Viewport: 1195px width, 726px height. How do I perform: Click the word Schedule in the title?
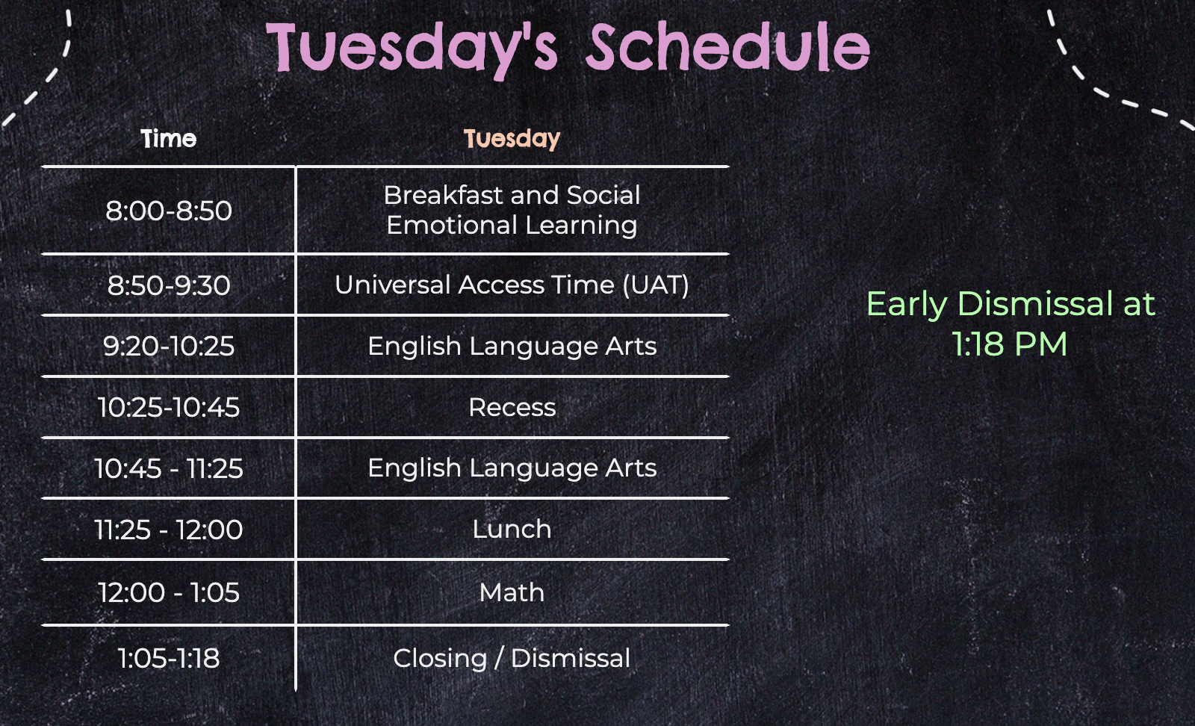point(728,46)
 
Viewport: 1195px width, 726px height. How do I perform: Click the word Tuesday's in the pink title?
point(412,49)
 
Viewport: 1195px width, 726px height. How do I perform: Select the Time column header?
point(169,139)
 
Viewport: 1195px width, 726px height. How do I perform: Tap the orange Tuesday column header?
point(512,139)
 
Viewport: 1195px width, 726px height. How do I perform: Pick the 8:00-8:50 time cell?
point(169,210)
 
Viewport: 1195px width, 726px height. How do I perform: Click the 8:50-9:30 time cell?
point(169,285)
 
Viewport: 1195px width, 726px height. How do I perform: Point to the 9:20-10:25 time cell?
point(169,346)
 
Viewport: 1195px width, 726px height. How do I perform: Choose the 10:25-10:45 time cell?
point(169,407)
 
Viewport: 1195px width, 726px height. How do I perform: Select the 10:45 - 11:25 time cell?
point(169,468)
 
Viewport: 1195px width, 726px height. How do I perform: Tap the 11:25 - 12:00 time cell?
point(169,530)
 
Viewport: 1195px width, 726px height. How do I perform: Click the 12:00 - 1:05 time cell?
point(169,592)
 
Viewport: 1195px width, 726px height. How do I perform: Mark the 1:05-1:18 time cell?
point(169,658)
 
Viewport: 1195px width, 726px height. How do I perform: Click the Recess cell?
point(512,408)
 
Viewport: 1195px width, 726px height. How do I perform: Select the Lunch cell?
point(512,529)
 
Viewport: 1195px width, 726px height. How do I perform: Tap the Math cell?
point(512,592)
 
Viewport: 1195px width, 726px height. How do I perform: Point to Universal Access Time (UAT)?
point(512,285)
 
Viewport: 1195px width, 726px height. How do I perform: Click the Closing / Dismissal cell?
point(512,658)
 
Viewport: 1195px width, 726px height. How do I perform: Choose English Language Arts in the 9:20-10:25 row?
point(512,347)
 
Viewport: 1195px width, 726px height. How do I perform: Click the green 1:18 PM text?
point(1010,344)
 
